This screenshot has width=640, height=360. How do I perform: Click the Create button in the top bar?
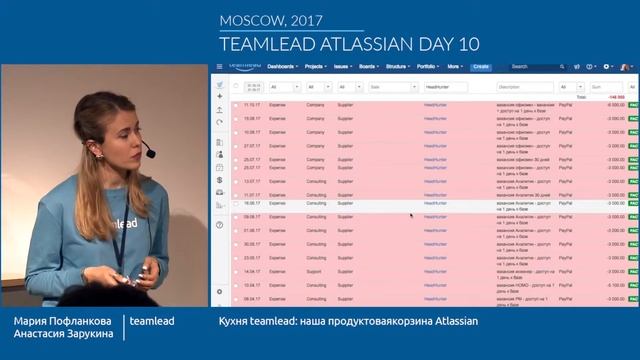(481, 67)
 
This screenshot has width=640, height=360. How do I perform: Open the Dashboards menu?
(283, 67)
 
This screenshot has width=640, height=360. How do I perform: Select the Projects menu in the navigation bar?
(316, 67)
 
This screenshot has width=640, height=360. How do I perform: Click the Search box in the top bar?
(530, 67)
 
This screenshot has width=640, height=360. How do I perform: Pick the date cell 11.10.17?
(252, 104)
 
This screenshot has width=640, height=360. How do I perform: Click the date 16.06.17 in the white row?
(252, 202)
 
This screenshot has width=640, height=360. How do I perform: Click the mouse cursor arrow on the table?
(411, 214)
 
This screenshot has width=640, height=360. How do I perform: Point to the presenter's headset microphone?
(148, 153)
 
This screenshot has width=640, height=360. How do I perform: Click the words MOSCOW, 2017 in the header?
(258, 20)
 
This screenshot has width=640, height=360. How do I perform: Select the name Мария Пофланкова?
(60, 322)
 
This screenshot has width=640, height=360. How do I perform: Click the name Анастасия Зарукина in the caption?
(62, 339)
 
